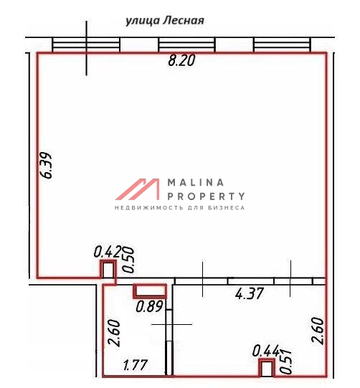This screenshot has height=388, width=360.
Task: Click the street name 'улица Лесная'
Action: [x=165, y=21]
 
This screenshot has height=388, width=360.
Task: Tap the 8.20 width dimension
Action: [x=181, y=61]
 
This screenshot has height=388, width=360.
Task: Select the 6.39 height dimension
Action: [x=47, y=165]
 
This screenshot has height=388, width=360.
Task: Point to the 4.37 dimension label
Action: [x=249, y=294]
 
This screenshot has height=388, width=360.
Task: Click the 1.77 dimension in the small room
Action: [x=135, y=365]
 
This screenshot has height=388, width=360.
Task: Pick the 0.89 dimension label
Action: [x=149, y=306]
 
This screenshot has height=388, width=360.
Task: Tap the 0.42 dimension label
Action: [x=108, y=252]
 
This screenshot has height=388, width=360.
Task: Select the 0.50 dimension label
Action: [x=128, y=260]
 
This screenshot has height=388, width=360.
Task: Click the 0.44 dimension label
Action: [x=266, y=351]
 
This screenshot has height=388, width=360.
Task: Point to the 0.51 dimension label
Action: [x=285, y=361]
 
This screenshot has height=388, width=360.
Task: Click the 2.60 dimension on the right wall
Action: [x=318, y=331]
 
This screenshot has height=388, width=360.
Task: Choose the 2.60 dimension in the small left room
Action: [x=114, y=333]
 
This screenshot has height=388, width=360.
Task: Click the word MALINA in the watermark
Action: [x=196, y=183]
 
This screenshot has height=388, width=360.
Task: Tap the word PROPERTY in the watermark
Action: [x=206, y=197]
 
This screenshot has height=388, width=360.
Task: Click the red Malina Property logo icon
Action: [x=138, y=189]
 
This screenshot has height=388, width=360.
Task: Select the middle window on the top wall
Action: [x=186, y=44]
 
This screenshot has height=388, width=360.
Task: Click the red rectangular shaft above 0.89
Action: [x=150, y=290]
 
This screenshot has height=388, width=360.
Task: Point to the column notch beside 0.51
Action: [x=267, y=368]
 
